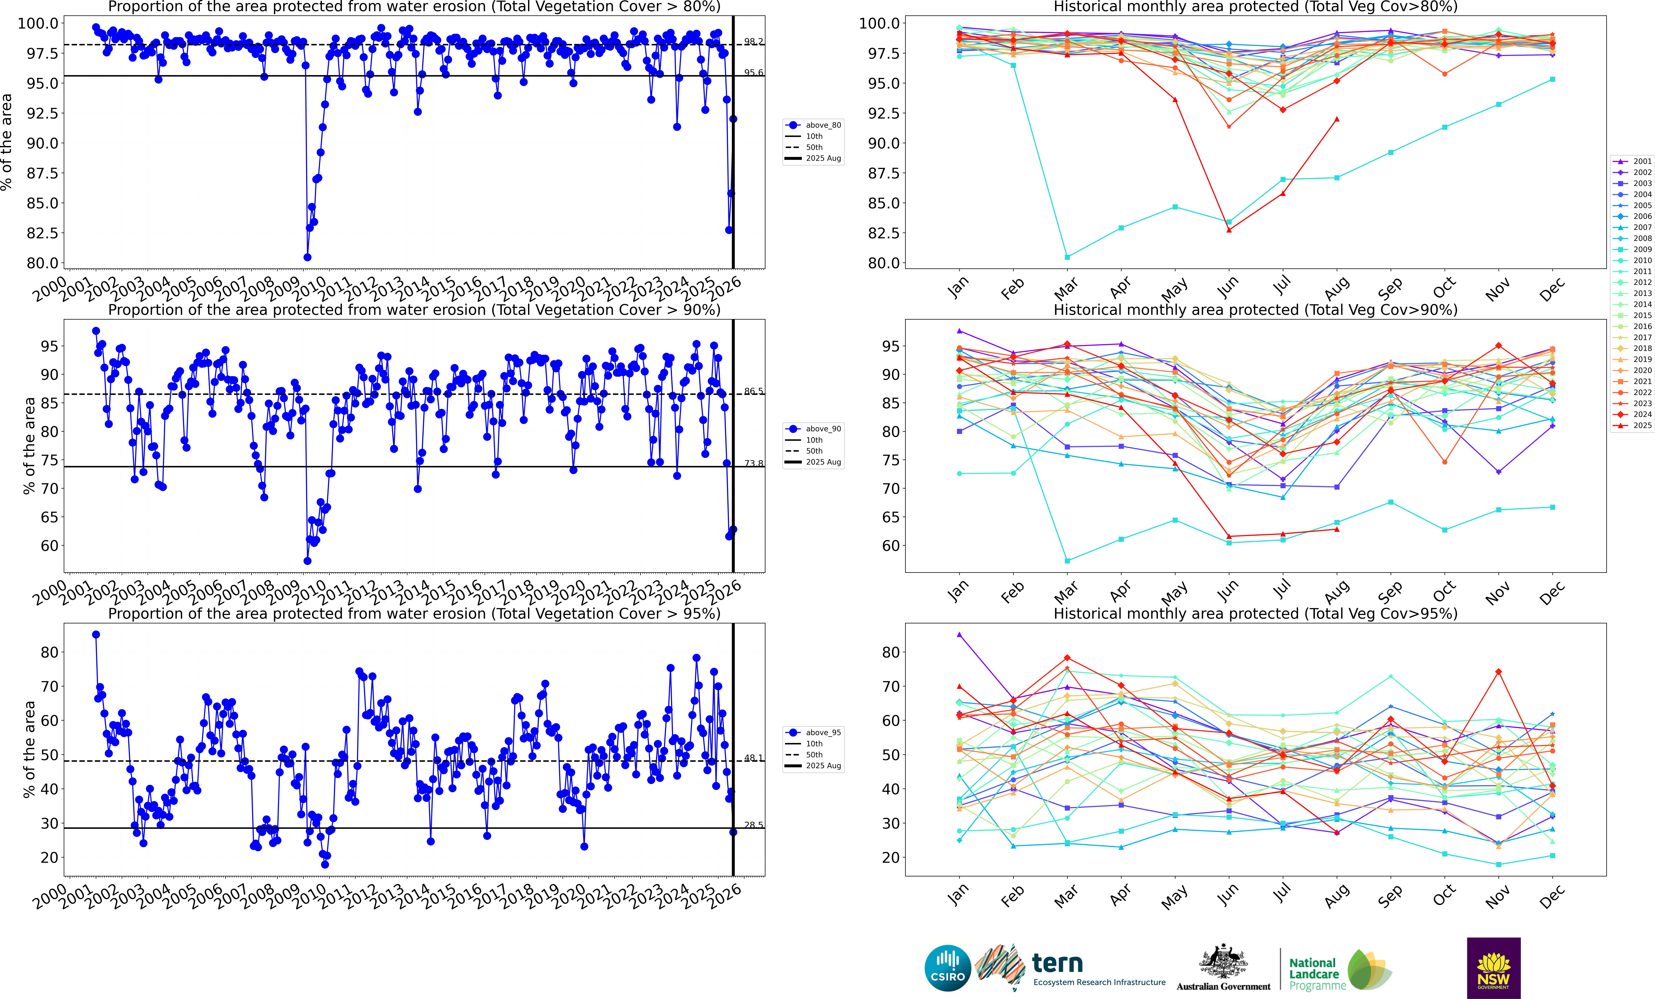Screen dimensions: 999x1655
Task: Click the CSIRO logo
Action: [x=947, y=968]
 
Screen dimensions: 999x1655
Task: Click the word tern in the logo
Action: [x=1057, y=963]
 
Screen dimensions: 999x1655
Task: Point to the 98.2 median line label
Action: [x=754, y=42]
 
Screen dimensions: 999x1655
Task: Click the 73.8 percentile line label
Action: [x=754, y=464]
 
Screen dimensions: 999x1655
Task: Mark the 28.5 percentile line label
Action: [x=754, y=825]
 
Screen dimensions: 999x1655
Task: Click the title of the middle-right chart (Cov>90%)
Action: [x=1255, y=310]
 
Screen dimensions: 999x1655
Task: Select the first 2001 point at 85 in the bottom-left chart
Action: [x=96, y=634]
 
